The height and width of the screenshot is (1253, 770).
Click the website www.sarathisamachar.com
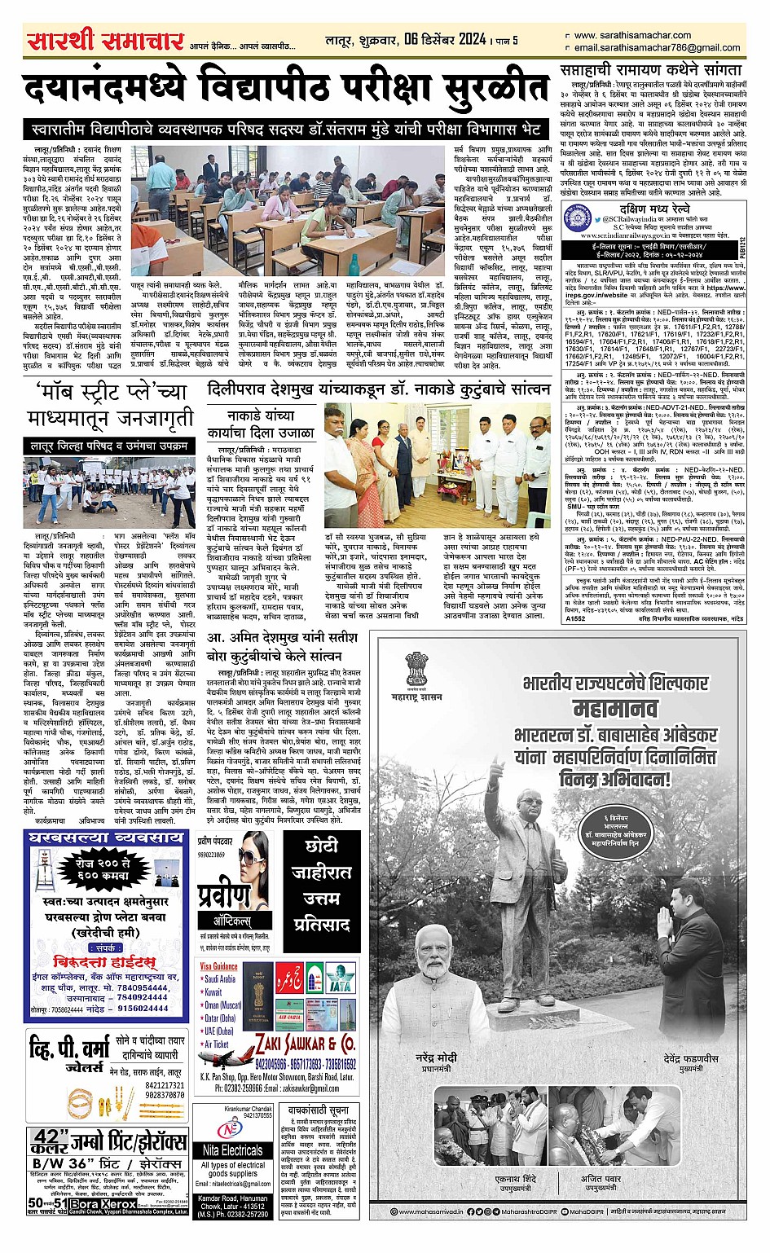(x=631, y=35)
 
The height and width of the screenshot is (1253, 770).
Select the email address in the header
(x=657, y=48)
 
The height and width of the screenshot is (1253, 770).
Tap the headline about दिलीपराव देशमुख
(x=379, y=390)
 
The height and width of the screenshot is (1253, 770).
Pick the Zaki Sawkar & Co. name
(x=306, y=1044)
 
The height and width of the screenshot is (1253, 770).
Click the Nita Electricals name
(x=231, y=1150)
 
